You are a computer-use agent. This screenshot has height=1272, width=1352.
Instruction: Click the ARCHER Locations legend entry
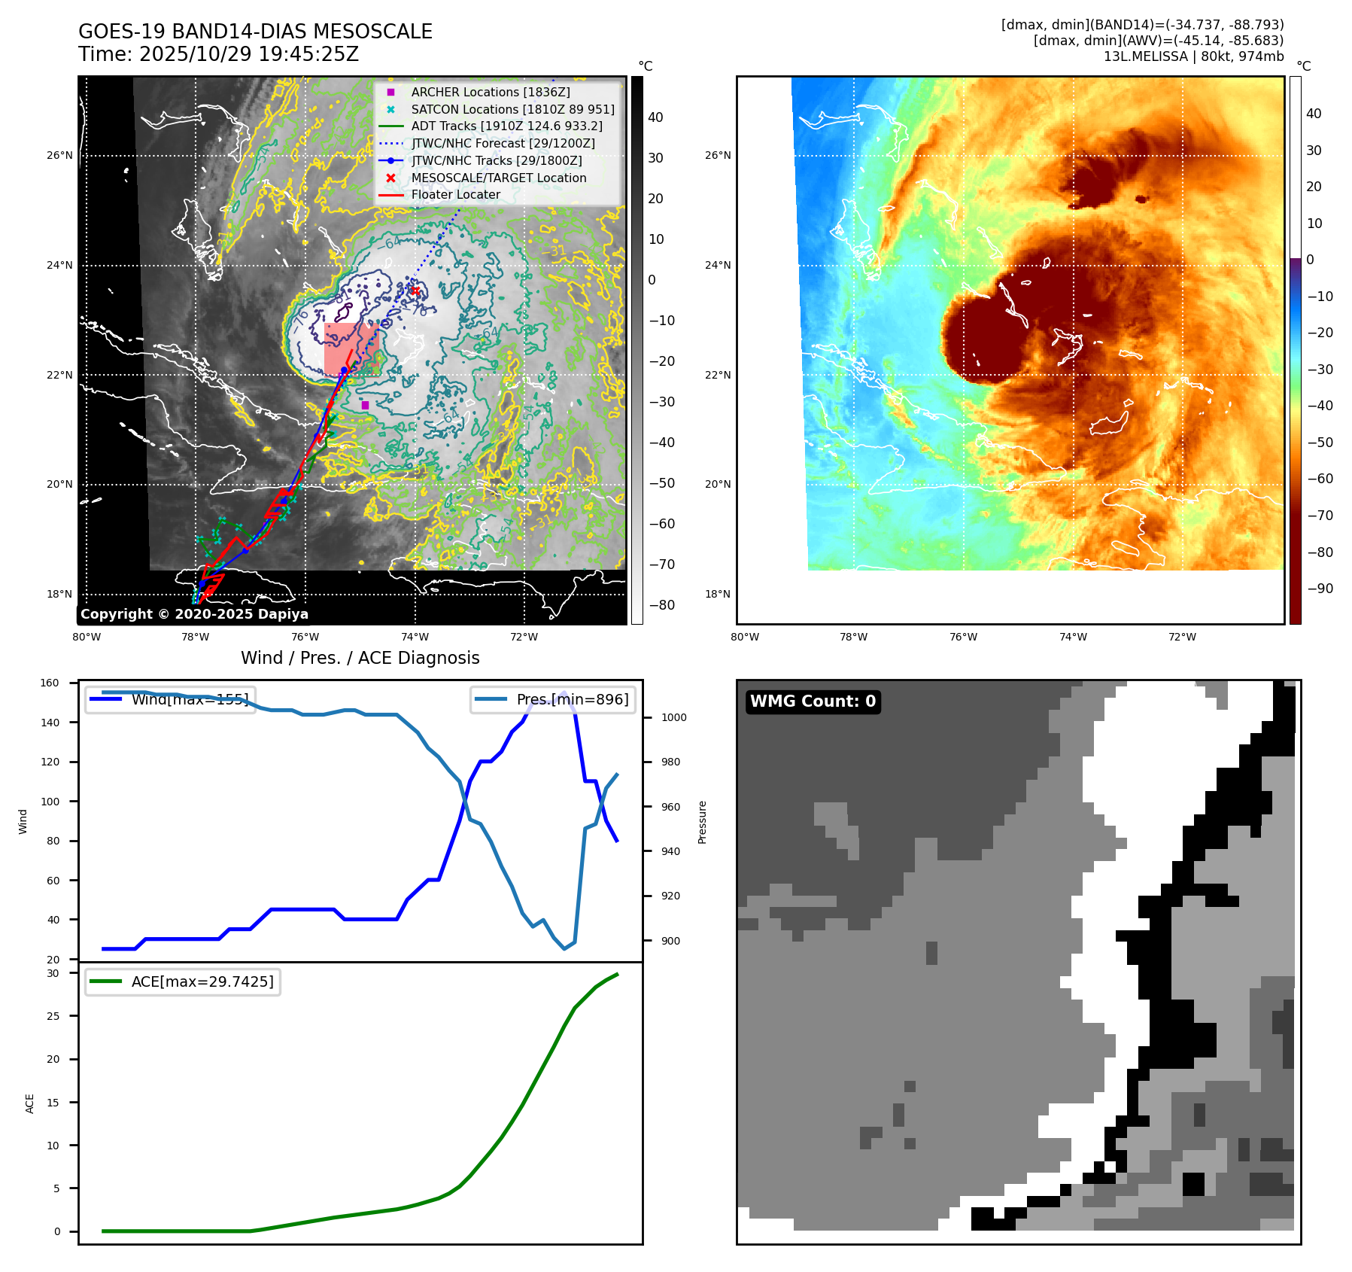(490, 92)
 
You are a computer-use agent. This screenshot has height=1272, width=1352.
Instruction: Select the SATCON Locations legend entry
(512, 109)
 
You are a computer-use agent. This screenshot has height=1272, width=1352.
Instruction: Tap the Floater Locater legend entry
(455, 194)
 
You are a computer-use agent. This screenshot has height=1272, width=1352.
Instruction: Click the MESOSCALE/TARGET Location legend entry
(498, 178)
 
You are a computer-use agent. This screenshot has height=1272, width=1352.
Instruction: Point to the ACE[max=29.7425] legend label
(202, 981)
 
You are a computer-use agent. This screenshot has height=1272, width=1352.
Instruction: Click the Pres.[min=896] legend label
(572, 699)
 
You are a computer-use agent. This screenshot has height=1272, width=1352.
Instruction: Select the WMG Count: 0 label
(813, 701)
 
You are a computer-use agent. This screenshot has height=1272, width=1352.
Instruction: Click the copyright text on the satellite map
(194, 614)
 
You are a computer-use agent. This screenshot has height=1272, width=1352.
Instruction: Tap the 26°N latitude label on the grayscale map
(59, 156)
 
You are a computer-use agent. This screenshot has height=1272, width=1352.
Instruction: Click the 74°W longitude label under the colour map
(1073, 637)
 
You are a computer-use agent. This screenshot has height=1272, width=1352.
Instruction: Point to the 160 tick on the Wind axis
(50, 683)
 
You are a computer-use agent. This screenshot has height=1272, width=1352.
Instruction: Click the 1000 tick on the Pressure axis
(673, 717)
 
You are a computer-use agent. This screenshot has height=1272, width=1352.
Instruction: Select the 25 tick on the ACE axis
(53, 1016)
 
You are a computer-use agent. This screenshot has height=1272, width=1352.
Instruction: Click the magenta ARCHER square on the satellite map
(365, 405)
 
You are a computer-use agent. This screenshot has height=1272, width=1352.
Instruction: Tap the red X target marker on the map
(415, 291)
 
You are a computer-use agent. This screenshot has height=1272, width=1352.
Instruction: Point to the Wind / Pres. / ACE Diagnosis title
(360, 658)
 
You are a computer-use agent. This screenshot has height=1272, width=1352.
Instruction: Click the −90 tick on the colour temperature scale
(1320, 589)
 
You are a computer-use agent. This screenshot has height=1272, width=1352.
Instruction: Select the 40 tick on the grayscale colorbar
(655, 117)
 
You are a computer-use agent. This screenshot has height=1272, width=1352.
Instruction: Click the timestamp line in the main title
(218, 54)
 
